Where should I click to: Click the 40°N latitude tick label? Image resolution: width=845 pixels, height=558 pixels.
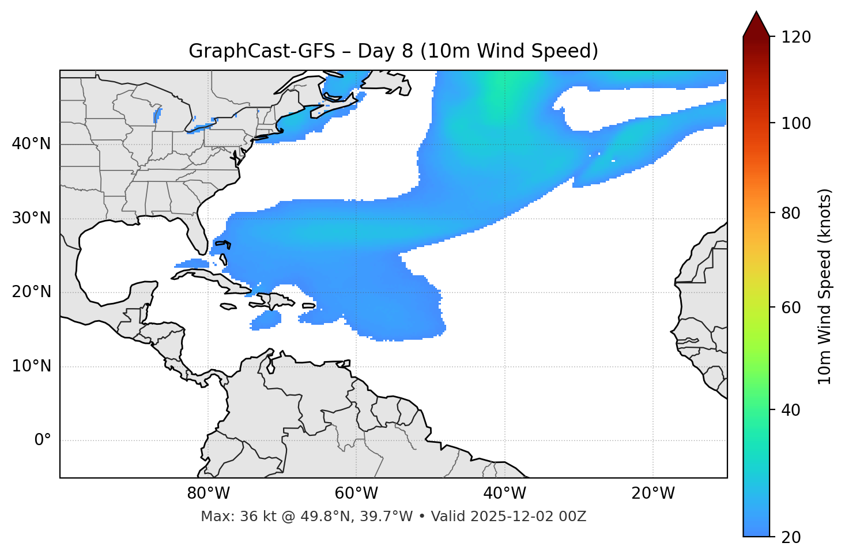(x=31, y=144)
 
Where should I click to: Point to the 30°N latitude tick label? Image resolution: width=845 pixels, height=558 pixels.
(x=31, y=218)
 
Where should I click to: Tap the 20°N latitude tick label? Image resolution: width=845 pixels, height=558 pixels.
(x=31, y=292)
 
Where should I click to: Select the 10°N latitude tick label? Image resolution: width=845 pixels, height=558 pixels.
(x=31, y=366)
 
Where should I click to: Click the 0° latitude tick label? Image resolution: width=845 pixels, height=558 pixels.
(x=43, y=441)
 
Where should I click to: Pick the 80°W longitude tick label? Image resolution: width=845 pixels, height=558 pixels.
(x=208, y=494)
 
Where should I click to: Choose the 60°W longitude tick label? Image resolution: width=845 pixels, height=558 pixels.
(x=356, y=494)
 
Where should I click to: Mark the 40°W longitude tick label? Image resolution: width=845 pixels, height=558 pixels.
(x=504, y=494)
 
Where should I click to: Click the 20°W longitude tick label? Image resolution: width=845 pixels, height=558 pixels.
(x=653, y=494)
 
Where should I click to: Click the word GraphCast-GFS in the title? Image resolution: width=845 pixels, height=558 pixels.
(x=262, y=51)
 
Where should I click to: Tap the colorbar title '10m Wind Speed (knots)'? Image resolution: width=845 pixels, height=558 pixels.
(x=825, y=286)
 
